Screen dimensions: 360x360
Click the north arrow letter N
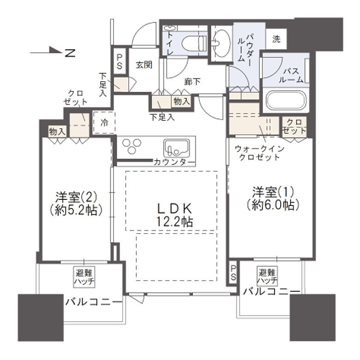[71, 53]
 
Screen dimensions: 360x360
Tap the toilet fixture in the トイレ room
[194, 43]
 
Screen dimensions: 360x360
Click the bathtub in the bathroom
[286, 100]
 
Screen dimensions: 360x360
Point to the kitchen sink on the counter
[177, 148]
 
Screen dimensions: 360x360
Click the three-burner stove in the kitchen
[132, 146]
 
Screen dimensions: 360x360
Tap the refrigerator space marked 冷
[104, 123]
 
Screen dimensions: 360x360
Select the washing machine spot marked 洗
[276, 39]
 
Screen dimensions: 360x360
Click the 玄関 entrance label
[144, 65]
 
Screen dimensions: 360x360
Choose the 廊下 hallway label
[192, 82]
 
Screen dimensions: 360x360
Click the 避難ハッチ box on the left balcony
[84, 276]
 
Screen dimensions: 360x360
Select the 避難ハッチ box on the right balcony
[267, 276]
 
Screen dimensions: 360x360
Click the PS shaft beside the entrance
[120, 61]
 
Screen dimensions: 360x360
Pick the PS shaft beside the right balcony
[233, 273]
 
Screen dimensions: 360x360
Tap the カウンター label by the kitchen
[174, 162]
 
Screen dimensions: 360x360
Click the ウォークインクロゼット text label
[260, 153]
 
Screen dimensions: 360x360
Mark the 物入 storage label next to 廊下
[181, 101]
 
